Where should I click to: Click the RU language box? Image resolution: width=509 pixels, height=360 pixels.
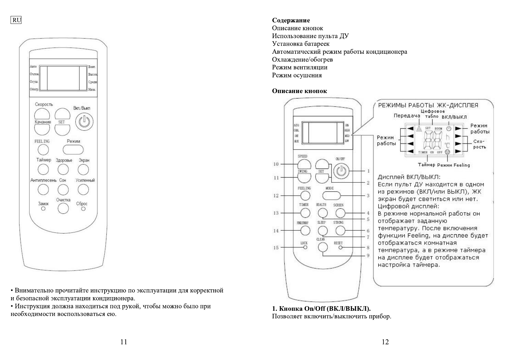(x=16, y=20)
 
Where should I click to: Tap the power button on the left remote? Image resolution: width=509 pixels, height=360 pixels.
(x=84, y=122)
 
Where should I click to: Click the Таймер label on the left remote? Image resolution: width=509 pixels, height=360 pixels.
(x=44, y=160)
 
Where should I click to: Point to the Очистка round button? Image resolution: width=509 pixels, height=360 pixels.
(x=63, y=208)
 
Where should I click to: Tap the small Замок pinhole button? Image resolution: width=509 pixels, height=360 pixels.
(x=43, y=209)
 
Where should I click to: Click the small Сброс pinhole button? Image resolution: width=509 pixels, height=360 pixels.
(x=83, y=209)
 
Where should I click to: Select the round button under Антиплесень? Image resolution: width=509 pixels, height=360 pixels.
(x=43, y=190)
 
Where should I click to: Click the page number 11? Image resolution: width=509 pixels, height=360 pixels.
(x=124, y=342)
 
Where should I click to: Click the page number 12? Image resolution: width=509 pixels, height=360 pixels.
(x=385, y=342)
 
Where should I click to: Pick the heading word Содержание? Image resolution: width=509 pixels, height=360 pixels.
(x=291, y=20)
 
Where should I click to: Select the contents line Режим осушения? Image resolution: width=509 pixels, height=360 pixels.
(x=297, y=75)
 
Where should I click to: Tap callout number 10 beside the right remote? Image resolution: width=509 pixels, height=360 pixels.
(x=276, y=164)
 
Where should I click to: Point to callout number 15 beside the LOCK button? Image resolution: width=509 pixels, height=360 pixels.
(x=276, y=248)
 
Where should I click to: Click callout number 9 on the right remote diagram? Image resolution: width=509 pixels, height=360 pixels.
(x=368, y=256)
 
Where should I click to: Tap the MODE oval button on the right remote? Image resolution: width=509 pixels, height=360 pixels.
(x=331, y=195)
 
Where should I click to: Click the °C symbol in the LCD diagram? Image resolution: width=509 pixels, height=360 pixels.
(x=447, y=145)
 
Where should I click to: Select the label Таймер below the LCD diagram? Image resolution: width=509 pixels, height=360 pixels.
(x=426, y=165)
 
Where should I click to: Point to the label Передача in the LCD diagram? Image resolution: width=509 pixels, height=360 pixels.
(x=407, y=116)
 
